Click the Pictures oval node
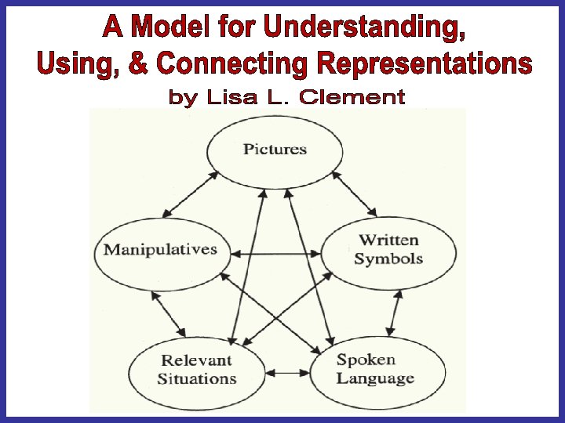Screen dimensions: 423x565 point(274,149)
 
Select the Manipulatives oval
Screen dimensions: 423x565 point(160,250)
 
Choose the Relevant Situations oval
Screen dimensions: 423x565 point(195,369)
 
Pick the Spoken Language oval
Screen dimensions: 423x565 point(375,369)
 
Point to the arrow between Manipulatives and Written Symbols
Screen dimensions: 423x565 point(275,254)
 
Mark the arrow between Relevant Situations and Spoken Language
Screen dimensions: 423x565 point(286,374)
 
